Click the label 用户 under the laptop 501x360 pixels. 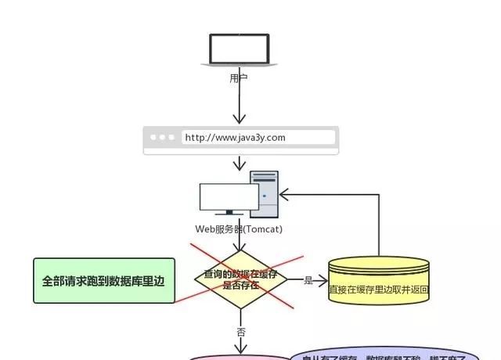pos(239,77)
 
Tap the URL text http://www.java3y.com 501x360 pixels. pos(235,138)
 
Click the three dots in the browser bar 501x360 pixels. pos(163,138)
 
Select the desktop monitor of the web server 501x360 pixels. pos(228,199)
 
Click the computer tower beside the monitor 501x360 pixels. pos(264,195)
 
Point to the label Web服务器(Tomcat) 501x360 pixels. pos(239,229)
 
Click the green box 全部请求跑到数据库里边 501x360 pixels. pos(103,280)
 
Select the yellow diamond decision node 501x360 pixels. pos(240,279)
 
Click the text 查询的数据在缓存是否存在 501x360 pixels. pos(240,279)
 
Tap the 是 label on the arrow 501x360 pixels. pos(308,280)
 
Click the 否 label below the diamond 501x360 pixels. pos(241,332)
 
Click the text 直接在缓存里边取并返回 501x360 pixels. pos(379,289)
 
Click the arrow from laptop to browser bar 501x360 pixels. pos(240,102)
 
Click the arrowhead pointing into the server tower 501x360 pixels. pos(284,193)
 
